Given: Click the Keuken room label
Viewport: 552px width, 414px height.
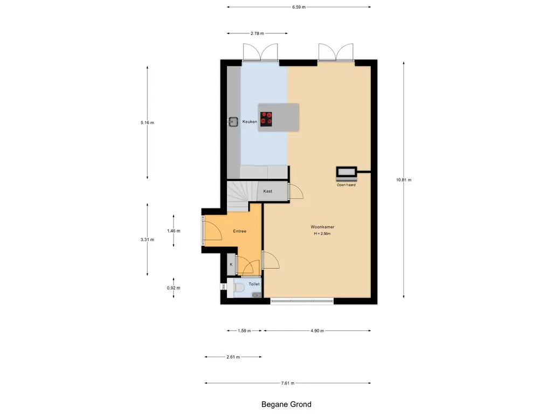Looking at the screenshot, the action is pyautogui.click(x=250, y=122).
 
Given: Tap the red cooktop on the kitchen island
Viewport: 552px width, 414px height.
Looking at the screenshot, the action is pyautogui.click(x=266, y=119).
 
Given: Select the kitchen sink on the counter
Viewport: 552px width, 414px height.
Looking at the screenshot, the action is pyautogui.click(x=232, y=122).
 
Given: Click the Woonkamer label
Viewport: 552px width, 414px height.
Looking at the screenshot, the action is pyautogui.click(x=322, y=227).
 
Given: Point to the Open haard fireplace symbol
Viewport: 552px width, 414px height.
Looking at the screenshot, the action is pyautogui.click(x=347, y=173).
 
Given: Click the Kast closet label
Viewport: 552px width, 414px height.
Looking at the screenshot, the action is pyautogui.click(x=267, y=191).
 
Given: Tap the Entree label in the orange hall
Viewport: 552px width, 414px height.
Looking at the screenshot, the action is pyautogui.click(x=239, y=231).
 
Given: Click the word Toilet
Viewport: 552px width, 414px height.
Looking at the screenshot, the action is pyautogui.click(x=254, y=284).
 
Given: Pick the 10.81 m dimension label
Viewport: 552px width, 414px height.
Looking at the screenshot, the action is pyautogui.click(x=403, y=180).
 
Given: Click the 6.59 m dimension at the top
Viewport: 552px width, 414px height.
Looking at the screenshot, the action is pyautogui.click(x=299, y=7).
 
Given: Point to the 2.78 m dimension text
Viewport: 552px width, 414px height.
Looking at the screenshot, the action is pyautogui.click(x=257, y=33).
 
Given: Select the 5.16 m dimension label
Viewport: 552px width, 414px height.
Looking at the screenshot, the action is pyautogui.click(x=147, y=123).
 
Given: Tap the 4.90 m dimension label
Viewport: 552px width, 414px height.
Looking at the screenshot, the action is pyautogui.click(x=317, y=331).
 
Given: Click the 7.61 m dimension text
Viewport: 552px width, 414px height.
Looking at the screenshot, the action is pyautogui.click(x=288, y=383).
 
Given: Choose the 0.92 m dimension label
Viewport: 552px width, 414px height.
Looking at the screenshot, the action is pyautogui.click(x=173, y=288).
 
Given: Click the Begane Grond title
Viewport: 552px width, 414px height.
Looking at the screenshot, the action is pyautogui.click(x=286, y=404).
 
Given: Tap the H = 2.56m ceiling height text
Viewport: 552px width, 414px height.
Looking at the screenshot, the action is pyautogui.click(x=322, y=234).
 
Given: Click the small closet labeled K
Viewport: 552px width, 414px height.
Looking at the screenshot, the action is pyautogui.click(x=231, y=264).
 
